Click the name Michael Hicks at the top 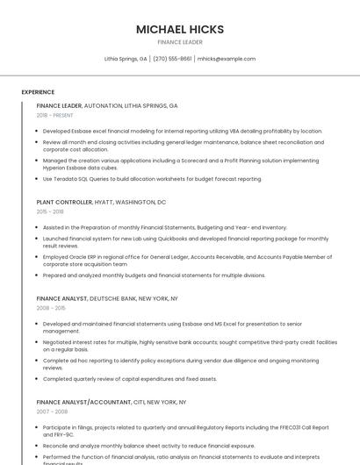pyautogui.click(x=179, y=29)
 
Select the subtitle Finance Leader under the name pyautogui.click(x=179, y=42)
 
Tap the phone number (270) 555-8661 pyautogui.click(x=172, y=59)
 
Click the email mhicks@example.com pyautogui.click(x=226, y=59)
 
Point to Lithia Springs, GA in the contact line pyautogui.click(x=126, y=59)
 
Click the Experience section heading pyautogui.click(x=38, y=92)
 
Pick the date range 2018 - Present pyautogui.click(x=54, y=115)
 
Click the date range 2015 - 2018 pyautogui.click(x=50, y=211)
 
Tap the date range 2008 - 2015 pyautogui.click(x=50, y=308)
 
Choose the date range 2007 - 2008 pyautogui.click(x=52, y=411)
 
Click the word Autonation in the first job pyautogui.click(x=103, y=105)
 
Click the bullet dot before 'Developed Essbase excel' pyautogui.click(x=38, y=131)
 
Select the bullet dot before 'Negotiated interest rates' pyautogui.click(x=38, y=342)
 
